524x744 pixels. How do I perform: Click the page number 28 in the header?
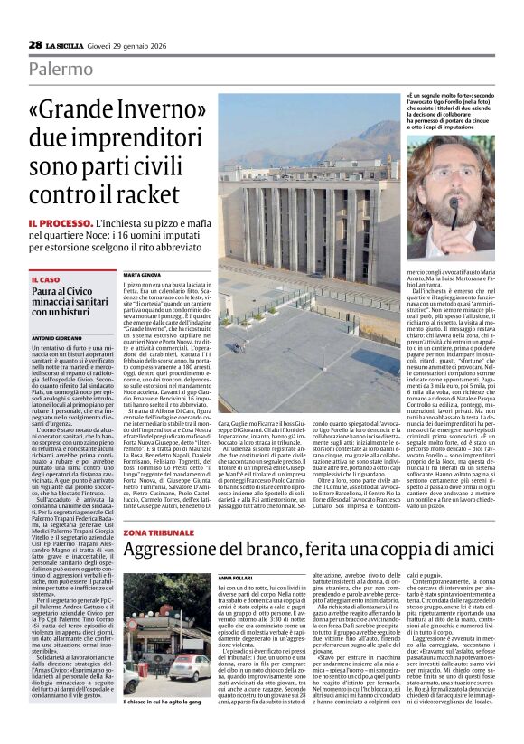35,44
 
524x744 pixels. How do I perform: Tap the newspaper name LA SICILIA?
68,45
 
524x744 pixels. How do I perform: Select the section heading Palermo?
59,70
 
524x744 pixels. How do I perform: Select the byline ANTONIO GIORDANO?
56,337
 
